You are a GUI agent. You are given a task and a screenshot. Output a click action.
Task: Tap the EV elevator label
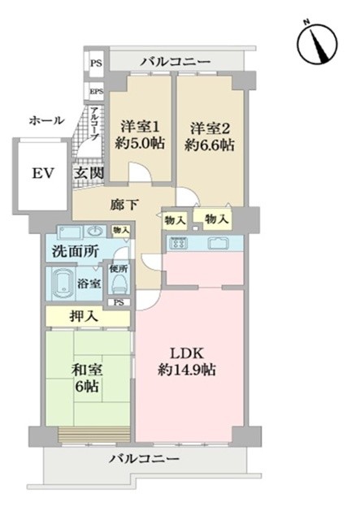coord(43,174)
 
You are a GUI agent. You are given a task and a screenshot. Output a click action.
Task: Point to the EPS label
coord(96,92)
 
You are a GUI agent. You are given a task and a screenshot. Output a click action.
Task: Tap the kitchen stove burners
coord(180,242)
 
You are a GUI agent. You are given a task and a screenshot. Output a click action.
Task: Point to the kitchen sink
coord(219,242)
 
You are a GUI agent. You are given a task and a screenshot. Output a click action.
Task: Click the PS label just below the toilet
coord(119,303)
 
